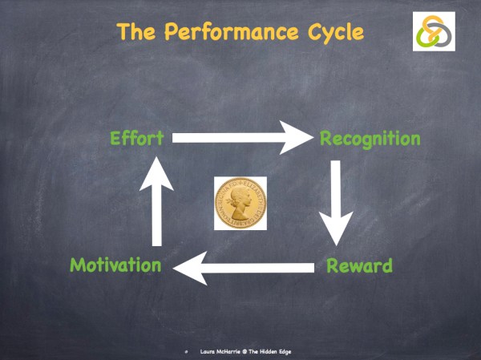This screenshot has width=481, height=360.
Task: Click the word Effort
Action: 136,138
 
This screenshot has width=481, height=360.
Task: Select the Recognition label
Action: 370,139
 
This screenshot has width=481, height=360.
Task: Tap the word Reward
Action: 359,265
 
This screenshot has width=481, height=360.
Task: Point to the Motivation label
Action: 116,265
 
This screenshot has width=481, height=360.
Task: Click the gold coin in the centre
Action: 240,204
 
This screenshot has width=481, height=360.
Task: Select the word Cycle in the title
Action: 332,33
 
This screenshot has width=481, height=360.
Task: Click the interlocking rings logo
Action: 434,31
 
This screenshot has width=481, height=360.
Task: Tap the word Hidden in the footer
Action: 277,352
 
